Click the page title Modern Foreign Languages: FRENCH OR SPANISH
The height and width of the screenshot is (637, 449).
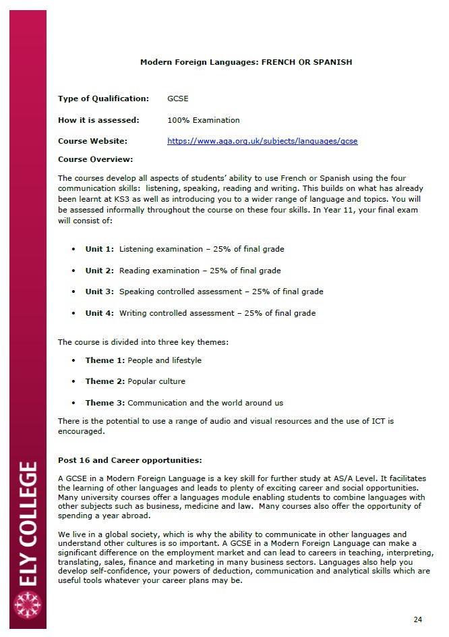tap(245, 62)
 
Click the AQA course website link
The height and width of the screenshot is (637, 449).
tap(262, 141)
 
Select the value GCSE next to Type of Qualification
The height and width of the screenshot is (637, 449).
tap(178, 99)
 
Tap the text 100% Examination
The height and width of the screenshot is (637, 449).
tap(203, 120)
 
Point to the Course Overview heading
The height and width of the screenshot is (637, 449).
tap(95, 159)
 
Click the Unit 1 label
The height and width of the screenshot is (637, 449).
tap(99, 249)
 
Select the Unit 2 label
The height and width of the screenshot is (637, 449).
tap(99, 271)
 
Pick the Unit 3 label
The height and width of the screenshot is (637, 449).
tap(99, 292)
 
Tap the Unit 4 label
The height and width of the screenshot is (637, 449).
tap(99, 313)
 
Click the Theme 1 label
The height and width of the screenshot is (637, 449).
tap(104, 360)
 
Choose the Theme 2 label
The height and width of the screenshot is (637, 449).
tap(104, 381)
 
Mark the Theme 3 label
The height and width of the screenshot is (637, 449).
tap(104, 403)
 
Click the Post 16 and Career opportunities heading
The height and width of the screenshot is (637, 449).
tap(129, 460)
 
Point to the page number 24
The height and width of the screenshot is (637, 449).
tap(417, 619)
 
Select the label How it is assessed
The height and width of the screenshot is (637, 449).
tap(98, 120)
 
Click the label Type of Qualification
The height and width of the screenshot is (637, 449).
tap(103, 99)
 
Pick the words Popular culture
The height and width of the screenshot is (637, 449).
tap(156, 381)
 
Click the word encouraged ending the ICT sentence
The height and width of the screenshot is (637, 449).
tap(81, 431)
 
